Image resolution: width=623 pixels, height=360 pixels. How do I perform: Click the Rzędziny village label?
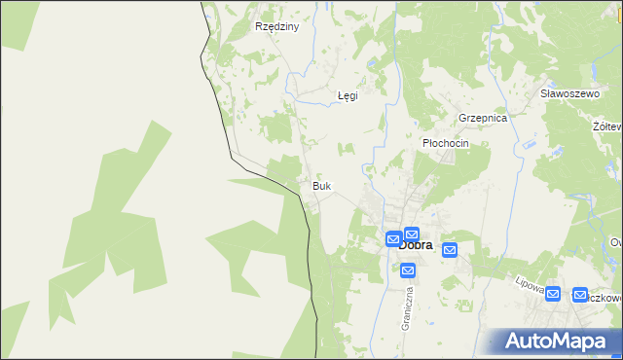click(x=275, y=27)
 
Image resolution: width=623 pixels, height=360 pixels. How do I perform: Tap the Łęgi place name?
click(x=348, y=95)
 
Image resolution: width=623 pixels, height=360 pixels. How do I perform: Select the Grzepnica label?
click(x=483, y=118)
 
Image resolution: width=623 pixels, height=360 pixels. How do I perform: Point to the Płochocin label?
click(x=446, y=143)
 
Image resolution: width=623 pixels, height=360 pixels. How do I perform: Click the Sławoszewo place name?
click(x=568, y=93)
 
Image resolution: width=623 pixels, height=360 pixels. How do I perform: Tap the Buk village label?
click(x=321, y=185)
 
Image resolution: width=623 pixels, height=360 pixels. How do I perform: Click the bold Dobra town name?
click(x=417, y=246)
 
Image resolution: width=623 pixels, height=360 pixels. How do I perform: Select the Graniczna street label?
click(x=409, y=306)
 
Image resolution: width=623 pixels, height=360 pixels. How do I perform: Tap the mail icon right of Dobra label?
click(x=449, y=250)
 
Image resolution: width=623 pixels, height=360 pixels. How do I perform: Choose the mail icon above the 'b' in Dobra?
click(x=412, y=234)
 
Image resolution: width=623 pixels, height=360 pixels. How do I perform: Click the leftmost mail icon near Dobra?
click(x=393, y=239)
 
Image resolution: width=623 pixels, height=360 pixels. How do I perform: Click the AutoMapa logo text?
click(x=567, y=341)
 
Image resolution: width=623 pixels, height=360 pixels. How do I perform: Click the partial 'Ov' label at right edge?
click(x=615, y=242)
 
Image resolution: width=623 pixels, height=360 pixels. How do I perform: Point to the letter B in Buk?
click(x=314, y=185)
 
